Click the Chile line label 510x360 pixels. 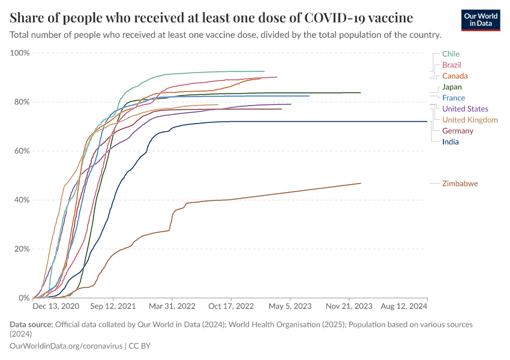pos(451,54)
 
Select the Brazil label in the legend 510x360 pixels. pos(451,65)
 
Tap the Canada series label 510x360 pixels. pos(455,76)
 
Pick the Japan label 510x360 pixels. pos(452,87)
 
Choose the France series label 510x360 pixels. pos(453,98)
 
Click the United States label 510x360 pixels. pos(465,109)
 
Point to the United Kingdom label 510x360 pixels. pos(470,120)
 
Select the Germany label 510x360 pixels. pos(458,131)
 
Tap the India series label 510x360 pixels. pos(451,142)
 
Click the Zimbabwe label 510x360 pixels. pos(460,184)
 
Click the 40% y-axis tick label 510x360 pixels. pos(22,200)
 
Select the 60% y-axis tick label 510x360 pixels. pos(22,151)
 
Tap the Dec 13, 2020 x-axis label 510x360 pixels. pos(56,306)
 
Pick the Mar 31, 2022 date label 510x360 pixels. pos(173,306)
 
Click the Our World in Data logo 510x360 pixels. pos(481,20)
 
